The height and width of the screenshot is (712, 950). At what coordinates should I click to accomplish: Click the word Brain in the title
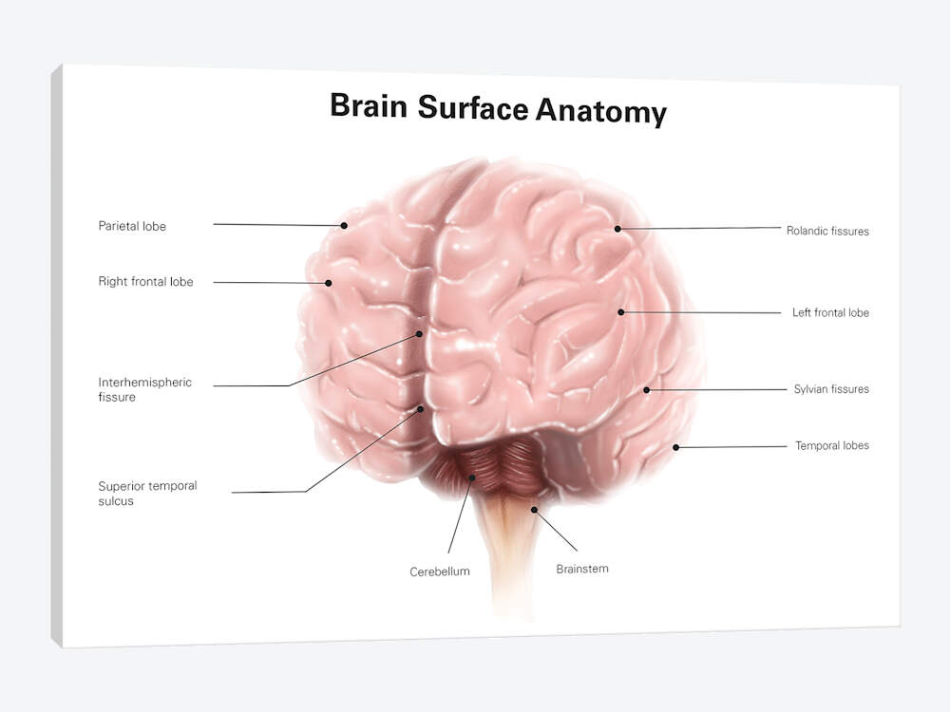click(369, 106)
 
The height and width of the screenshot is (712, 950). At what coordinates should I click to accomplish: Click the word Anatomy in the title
click(601, 112)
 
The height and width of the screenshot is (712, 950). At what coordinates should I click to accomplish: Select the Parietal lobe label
click(132, 226)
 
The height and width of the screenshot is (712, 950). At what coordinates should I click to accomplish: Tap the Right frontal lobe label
click(146, 282)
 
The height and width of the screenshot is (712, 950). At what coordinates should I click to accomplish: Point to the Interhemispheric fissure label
click(144, 389)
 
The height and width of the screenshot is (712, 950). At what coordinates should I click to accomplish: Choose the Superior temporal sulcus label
click(147, 493)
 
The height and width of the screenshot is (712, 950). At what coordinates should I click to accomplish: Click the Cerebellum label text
click(440, 571)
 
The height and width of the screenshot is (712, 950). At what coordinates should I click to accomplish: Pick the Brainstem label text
click(582, 569)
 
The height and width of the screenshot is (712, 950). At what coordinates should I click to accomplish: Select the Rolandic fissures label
click(827, 231)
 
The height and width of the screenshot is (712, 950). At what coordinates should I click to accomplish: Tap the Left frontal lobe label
click(830, 312)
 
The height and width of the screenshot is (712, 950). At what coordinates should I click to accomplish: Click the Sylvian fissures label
click(831, 388)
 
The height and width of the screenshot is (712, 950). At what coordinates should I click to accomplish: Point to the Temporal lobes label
click(832, 445)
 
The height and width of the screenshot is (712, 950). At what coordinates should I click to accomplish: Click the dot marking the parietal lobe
click(344, 225)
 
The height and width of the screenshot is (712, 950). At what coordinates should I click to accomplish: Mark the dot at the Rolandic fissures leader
click(617, 229)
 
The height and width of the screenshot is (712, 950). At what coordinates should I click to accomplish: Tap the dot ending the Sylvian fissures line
click(646, 390)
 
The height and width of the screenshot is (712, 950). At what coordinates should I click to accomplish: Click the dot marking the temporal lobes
click(676, 447)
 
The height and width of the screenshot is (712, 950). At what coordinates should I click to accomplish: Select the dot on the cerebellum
click(472, 478)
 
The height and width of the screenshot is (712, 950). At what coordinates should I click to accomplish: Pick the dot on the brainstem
click(534, 510)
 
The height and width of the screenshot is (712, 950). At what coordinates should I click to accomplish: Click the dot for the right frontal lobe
click(329, 283)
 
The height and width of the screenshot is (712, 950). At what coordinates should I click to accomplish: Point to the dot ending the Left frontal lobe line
click(621, 311)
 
